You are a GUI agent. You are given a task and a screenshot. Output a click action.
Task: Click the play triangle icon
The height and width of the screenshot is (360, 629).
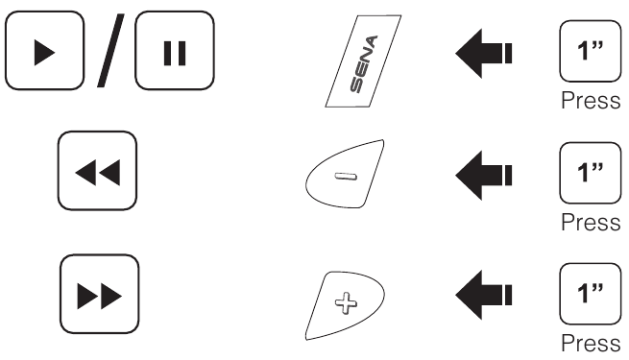(x=44, y=53)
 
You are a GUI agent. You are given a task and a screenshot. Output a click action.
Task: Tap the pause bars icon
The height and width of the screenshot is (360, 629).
(x=175, y=53)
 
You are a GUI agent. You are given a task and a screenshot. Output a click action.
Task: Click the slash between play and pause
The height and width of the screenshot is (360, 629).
(x=110, y=50)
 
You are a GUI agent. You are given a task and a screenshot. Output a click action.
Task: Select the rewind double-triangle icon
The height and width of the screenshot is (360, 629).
(x=98, y=173)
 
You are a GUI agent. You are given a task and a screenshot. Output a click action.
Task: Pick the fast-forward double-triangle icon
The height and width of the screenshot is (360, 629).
(x=100, y=297)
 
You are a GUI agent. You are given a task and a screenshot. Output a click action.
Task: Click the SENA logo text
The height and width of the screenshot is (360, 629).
(x=364, y=64)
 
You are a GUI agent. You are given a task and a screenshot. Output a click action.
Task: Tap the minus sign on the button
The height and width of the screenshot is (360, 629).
(x=346, y=177)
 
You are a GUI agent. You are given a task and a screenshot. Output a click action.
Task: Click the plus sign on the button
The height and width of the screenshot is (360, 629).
(x=346, y=302)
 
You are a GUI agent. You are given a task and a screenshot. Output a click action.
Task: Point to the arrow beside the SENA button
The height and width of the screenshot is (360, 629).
(x=483, y=54)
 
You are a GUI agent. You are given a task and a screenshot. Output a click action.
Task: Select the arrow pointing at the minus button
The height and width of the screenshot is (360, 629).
(x=483, y=175)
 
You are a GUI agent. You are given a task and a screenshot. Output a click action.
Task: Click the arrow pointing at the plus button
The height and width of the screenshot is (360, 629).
(x=483, y=295)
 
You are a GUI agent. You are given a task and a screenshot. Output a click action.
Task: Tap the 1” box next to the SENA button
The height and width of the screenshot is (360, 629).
(x=590, y=51)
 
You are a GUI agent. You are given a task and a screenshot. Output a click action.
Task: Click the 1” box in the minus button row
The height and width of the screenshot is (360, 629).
(x=590, y=173)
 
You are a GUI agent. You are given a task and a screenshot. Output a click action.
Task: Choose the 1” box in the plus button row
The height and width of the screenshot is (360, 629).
(x=590, y=294)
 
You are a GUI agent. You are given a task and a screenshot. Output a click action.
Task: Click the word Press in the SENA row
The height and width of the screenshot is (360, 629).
(x=591, y=100)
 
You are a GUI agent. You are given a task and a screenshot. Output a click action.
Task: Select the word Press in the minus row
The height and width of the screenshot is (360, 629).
(x=591, y=222)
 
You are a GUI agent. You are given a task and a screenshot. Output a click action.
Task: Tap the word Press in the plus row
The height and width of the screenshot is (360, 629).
(x=591, y=343)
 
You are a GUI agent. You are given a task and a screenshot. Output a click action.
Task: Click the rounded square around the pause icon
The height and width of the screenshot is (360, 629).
(x=135, y=51)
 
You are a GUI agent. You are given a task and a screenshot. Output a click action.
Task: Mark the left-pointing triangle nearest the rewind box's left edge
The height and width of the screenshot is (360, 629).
(x=85, y=173)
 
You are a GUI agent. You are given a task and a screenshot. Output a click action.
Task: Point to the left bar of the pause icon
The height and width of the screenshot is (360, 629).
(x=168, y=53)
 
